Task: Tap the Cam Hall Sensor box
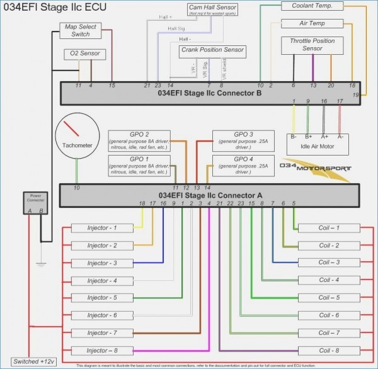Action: pyautogui.click(x=213, y=9)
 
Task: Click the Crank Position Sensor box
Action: pyautogui.click(x=212, y=50)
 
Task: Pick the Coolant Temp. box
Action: pyautogui.click(x=312, y=6)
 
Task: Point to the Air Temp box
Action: pyautogui.click(x=312, y=23)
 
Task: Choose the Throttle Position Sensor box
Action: pyautogui.click(x=312, y=45)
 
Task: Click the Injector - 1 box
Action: pyautogui.click(x=102, y=227)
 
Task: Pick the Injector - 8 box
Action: pyautogui.click(x=102, y=350)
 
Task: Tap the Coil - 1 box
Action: pyautogui.click(x=329, y=227)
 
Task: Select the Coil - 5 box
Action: pyautogui.click(x=329, y=297)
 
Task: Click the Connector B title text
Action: pyautogui.click(x=209, y=93)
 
